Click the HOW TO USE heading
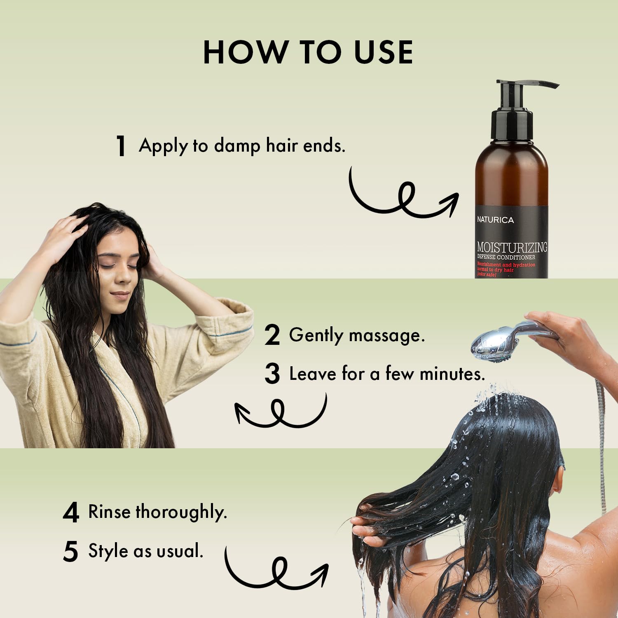pos(308,52)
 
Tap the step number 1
pos(121,146)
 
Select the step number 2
pos(272,335)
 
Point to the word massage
pos(386,336)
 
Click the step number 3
pos(272,374)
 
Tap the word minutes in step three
pos(452,374)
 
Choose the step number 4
pos(71,513)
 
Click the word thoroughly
pos(181,513)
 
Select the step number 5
pos(71,552)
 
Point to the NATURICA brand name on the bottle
pos(495,220)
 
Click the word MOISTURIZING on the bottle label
pos(512,247)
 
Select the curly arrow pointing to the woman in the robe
pos(280,412)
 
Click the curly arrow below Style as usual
pos(276,571)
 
